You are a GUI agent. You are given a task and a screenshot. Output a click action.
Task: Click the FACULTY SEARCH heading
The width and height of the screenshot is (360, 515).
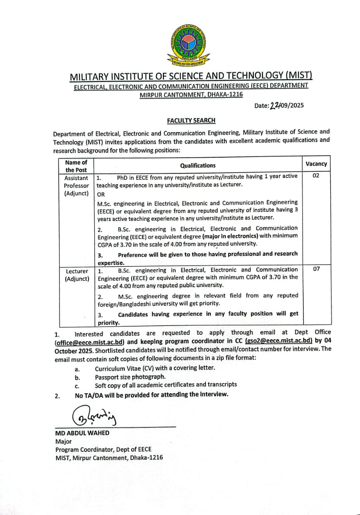point(191,120)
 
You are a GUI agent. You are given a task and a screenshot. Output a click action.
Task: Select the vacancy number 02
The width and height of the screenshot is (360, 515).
point(316,175)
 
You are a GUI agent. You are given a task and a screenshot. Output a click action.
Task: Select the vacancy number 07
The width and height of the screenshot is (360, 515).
point(316,268)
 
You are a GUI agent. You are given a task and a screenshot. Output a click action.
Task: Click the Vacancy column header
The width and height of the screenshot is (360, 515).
point(316,164)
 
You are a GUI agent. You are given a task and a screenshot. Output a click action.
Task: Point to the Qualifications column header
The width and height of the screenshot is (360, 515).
point(197,165)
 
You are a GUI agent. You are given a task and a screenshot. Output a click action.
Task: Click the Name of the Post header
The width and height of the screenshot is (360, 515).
point(76,166)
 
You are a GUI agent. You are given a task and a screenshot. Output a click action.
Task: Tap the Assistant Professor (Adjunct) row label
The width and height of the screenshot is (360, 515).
point(76,185)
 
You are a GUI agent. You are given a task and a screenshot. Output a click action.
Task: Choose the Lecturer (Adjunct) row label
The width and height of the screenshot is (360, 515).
point(77,275)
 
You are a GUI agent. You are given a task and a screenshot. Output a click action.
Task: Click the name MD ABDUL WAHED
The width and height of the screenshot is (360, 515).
point(82,433)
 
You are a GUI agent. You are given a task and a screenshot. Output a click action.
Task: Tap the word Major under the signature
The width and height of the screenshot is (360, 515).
point(64,441)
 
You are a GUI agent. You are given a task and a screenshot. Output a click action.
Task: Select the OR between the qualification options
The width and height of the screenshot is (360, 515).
point(101,194)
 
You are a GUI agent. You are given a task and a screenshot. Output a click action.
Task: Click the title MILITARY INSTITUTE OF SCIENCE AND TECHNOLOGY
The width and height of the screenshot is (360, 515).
point(191,76)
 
